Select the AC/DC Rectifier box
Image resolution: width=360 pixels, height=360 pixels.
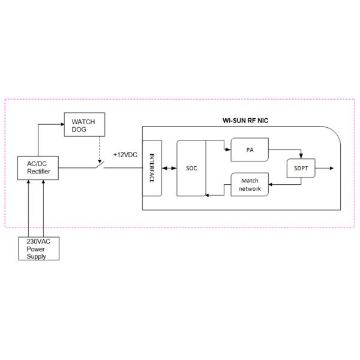43,167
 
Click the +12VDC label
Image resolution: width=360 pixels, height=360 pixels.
125,155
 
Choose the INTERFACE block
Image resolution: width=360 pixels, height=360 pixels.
152,168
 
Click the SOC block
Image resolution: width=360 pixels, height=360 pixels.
191,168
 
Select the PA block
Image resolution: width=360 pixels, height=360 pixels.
249,149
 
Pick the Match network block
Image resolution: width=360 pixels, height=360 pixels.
249,184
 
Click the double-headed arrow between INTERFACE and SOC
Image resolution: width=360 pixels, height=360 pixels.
168,168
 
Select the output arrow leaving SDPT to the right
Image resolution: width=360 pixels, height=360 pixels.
326,169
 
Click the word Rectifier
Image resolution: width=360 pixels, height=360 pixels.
43,172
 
